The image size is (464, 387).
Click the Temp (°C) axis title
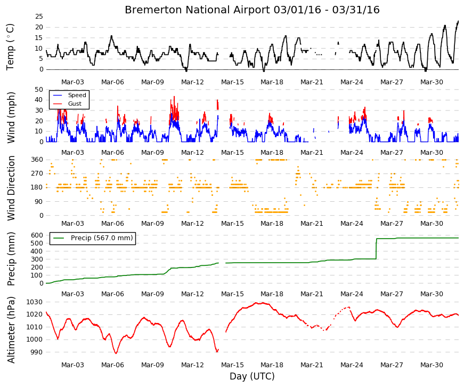pos(10,47)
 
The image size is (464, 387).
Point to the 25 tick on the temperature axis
pos(39,17)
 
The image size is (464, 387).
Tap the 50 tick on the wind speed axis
pos(39,90)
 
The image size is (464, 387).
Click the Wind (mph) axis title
pos(11,117)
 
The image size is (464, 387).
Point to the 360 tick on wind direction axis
pos(37,160)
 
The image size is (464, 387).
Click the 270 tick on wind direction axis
pos(37,173)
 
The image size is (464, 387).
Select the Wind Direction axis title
pos(11,188)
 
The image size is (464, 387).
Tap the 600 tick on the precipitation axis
pos(37,235)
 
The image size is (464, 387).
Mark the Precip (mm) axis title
pos(11,259)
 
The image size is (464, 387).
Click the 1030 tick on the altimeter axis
pos(34,302)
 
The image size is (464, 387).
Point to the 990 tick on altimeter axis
pos(37,352)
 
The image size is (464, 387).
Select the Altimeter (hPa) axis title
pos(11,330)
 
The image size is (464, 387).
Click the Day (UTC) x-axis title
pos(252,376)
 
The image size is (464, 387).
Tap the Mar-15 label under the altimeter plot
pos(232,365)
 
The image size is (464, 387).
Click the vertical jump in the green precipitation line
pos(376,249)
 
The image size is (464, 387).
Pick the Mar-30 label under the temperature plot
pos(432,82)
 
